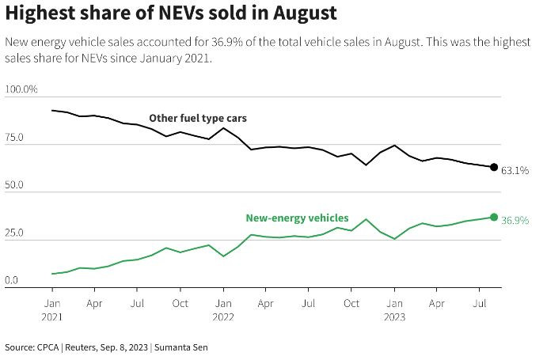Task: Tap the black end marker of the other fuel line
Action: pos(494,167)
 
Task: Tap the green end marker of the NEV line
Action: pos(494,217)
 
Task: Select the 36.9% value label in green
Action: pos(515,220)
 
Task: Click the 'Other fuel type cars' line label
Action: pos(198,118)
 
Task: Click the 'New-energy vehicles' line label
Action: pos(297,218)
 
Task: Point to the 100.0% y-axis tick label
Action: pos(21,89)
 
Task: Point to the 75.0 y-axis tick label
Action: pos(16,138)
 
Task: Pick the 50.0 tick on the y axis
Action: pos(16,185)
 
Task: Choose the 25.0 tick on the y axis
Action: pos(16,233)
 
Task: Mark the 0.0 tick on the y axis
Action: pos(13,281)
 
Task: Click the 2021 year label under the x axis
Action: pos(52,316)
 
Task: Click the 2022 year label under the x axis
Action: pos(223,316)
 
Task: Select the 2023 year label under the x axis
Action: pos(394,316)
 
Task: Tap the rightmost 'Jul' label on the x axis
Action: pos(480,303)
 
